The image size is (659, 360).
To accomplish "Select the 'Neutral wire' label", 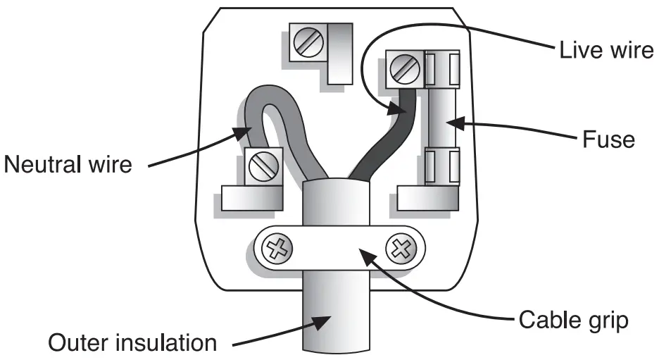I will pos(68,166).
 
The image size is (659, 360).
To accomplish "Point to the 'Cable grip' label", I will pos(572,318).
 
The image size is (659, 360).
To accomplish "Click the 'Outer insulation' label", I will pos(133,343).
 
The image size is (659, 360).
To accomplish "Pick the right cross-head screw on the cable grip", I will pos(401,248).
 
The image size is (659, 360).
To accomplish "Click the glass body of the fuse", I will pos(442,123).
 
